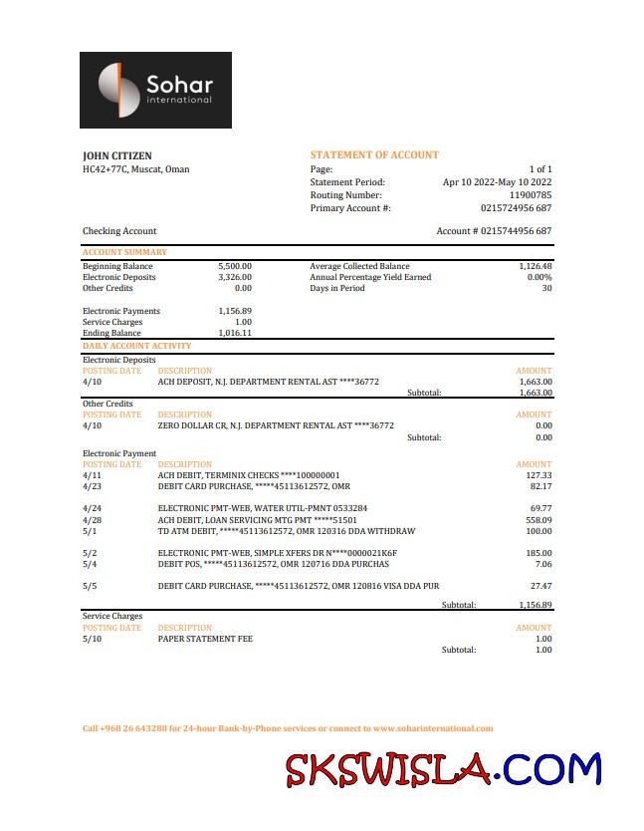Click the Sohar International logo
pyautogui.click(x=155, y=90)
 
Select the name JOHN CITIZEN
pyautogui.click(x=117, y=155)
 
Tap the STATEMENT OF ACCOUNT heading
pyautogui.click(x=374, y=155)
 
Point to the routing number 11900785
pyautogui.click(x=531, y=195)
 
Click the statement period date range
pyautogui.click(x=497, y=182)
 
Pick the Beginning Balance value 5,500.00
pyautogui.click(x=235, y=266)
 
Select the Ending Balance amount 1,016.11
pyautogui.click(x=235, y=333)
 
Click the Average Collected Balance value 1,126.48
pyautogui.click(x=535, y=266)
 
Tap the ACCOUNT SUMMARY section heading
pyautogui.click(x=124, y=252)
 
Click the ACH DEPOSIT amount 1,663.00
pyautogui.click(x=536, y=382)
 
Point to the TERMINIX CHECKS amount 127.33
pyautogui.click(x=537, y=475)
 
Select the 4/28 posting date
pyautogui.click(x=92, y=520)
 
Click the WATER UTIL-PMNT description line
pyautogui.click(x=263, y=508)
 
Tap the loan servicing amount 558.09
pyautogui.click(x=537, y=520)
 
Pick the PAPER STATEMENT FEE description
pyautogui.click(x=205, y=639)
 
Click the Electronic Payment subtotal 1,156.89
pyautogui.click(x=536, y=605)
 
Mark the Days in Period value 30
pyautogui.click(x=546, y=288)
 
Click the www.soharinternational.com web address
pyautogui.click(x=433, y=728)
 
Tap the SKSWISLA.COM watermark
pyautogui.click(x=444, y=770)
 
